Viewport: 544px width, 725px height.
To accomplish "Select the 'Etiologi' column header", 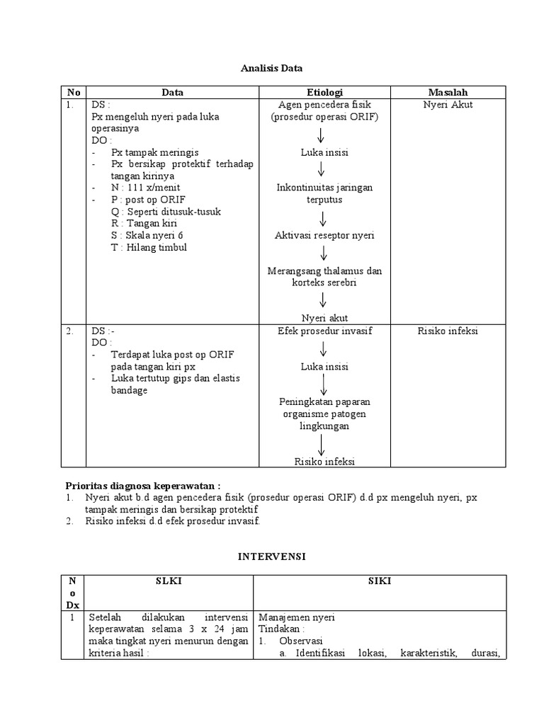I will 324,92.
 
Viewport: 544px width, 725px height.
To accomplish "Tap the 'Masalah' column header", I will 448,92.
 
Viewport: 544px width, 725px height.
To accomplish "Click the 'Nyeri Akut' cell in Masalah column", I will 448,104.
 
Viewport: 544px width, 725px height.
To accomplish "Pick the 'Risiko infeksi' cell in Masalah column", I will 448,331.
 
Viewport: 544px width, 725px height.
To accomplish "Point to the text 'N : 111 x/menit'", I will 146,188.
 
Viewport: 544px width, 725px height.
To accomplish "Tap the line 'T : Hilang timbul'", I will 149,247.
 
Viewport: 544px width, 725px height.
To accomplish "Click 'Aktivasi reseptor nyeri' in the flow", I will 324,235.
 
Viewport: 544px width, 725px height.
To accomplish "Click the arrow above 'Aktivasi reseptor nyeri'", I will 324,218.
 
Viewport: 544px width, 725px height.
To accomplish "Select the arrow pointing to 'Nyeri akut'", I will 324,300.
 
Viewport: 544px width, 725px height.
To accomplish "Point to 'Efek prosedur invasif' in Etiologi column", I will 324,331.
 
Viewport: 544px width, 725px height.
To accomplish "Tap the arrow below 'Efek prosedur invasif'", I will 324,348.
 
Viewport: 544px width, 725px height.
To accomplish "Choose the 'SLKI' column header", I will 169,581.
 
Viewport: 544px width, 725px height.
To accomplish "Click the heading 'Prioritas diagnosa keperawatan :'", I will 143,486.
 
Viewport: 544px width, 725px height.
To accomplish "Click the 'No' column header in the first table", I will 74,92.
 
